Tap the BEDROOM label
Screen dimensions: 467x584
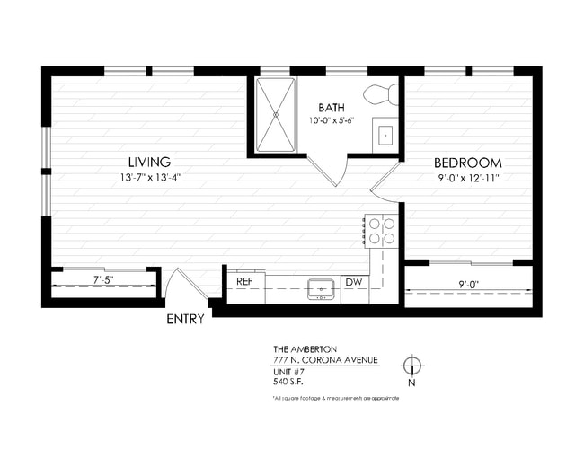click(467, 163)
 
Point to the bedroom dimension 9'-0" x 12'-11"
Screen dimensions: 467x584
click(467, 178)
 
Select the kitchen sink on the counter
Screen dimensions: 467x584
click(321, 288)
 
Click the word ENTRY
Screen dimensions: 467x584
click(185, 319)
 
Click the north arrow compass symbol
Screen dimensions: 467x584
click(411, 366)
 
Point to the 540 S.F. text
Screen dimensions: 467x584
click(289, 382)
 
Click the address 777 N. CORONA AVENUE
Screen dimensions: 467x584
click(325, 360)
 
